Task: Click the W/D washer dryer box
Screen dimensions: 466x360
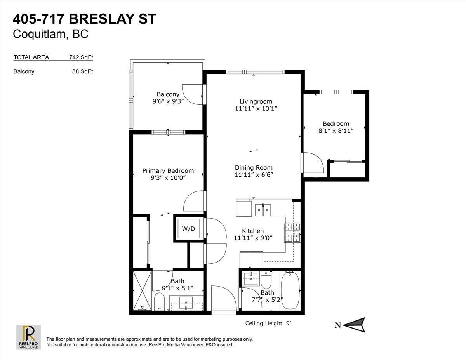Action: coord(188,229)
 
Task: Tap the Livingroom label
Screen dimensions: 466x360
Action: coord(256,101)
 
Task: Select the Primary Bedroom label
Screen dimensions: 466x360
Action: coord(168,170)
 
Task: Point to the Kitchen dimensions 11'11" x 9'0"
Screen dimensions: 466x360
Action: coord(253,238)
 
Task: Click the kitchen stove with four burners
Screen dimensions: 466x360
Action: coord(292,233)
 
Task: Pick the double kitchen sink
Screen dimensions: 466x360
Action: coord(263,210)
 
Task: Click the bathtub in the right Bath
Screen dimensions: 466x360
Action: coord(290,290)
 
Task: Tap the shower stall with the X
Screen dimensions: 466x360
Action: coord(142,290)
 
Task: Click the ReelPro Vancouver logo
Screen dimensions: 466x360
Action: coord(29,337)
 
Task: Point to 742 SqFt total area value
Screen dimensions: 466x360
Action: coord(81,57)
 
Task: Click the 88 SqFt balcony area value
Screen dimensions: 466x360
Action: coord(83,71)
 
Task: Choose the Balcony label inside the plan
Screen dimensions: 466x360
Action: coord(168,94)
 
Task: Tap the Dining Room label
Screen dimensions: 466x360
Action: coord(254,168)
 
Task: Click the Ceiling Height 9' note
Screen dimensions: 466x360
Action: coord(268,323)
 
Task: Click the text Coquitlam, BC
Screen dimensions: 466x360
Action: coord(50,34)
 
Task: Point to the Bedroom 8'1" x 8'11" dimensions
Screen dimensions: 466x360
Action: coord(336,131)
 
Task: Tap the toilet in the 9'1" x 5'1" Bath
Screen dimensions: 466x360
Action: coord(159,301)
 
